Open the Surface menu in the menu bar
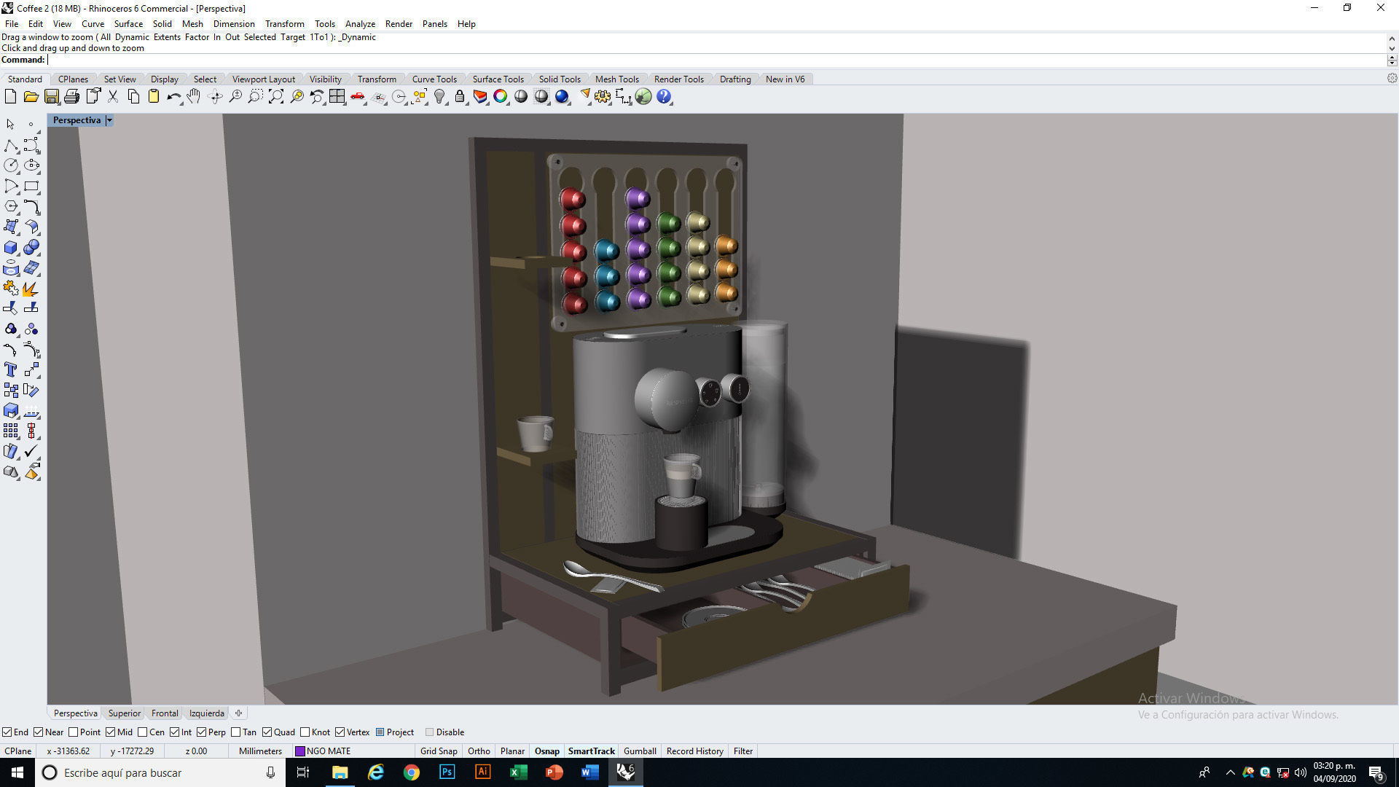point(128,24)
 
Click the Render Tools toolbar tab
point(678,79)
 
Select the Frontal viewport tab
point(165,713)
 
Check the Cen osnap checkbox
point(143,732)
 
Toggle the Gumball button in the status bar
point(640,751)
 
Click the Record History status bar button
point(694,751)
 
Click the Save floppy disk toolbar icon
point(52,97)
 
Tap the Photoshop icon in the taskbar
point(447,772)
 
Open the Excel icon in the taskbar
point(518,772)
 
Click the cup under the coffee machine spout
point(681,475)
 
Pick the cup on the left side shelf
point(535,433)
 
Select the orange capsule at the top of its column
point(726,245)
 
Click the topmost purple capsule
point(637,198)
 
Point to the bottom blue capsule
point(606,301)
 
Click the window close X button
point(1380,8)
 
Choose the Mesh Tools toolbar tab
point(616,79)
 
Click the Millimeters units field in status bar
point(260,751)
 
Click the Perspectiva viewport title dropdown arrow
point(109,121)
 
